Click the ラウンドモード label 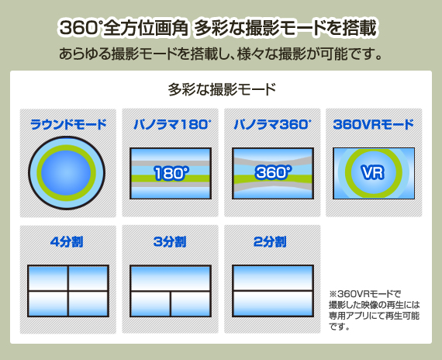coord(68,124)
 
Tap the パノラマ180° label coord(172,124)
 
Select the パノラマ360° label coord(272,124)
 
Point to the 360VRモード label coord(374,124)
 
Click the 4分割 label coord(67,242)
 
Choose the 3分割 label coord(170,242)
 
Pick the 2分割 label coord(270,242)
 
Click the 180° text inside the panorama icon coord(171,173)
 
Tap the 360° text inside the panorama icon coord(273,172)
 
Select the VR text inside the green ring coord(373,172)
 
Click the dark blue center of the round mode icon coord(66,173)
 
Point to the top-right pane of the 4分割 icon coord(88,278)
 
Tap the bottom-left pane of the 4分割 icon coord(48,303)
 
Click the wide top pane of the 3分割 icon coord(171,278)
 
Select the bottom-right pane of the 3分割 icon coord(191,303)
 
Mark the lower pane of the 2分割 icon coord(273,303)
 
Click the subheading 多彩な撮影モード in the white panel coord(222,89)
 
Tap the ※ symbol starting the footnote coord(333,294)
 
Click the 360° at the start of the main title coord(80,28)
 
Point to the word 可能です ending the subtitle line coord(351,54)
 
